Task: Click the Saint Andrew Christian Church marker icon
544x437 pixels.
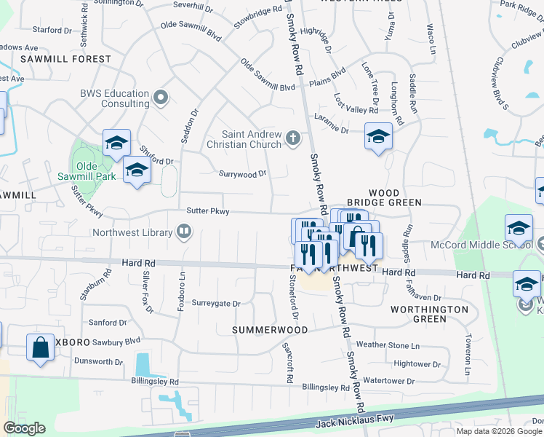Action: pyautogui.click(x=293, y=138)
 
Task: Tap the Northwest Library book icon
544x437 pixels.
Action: pyautogui.click(x=185, y=232)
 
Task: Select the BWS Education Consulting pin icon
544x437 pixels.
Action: pyautogui.click(x=161, y=97)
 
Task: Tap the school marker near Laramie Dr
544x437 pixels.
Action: pyautogui.click(x=378, y=136)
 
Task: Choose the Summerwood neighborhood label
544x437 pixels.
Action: pyautogui.click(x=270, y=330)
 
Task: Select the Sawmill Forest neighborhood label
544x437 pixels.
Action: pyautogui.click(x=66, y=59)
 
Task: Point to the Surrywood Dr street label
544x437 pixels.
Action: pyautogui.click(x=243, y=174)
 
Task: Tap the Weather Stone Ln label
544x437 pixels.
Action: pyautogui.click(x=388, y=345)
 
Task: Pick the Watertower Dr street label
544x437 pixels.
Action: pyautogui.click(x=388, y=381)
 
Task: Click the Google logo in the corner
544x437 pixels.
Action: pyautogui.click(x=24, y=428)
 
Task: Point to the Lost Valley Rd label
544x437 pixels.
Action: pyautogui.click(x=356, y=103)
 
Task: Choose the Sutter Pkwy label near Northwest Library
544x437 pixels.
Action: pyautogui.click(x=208, y=211)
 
